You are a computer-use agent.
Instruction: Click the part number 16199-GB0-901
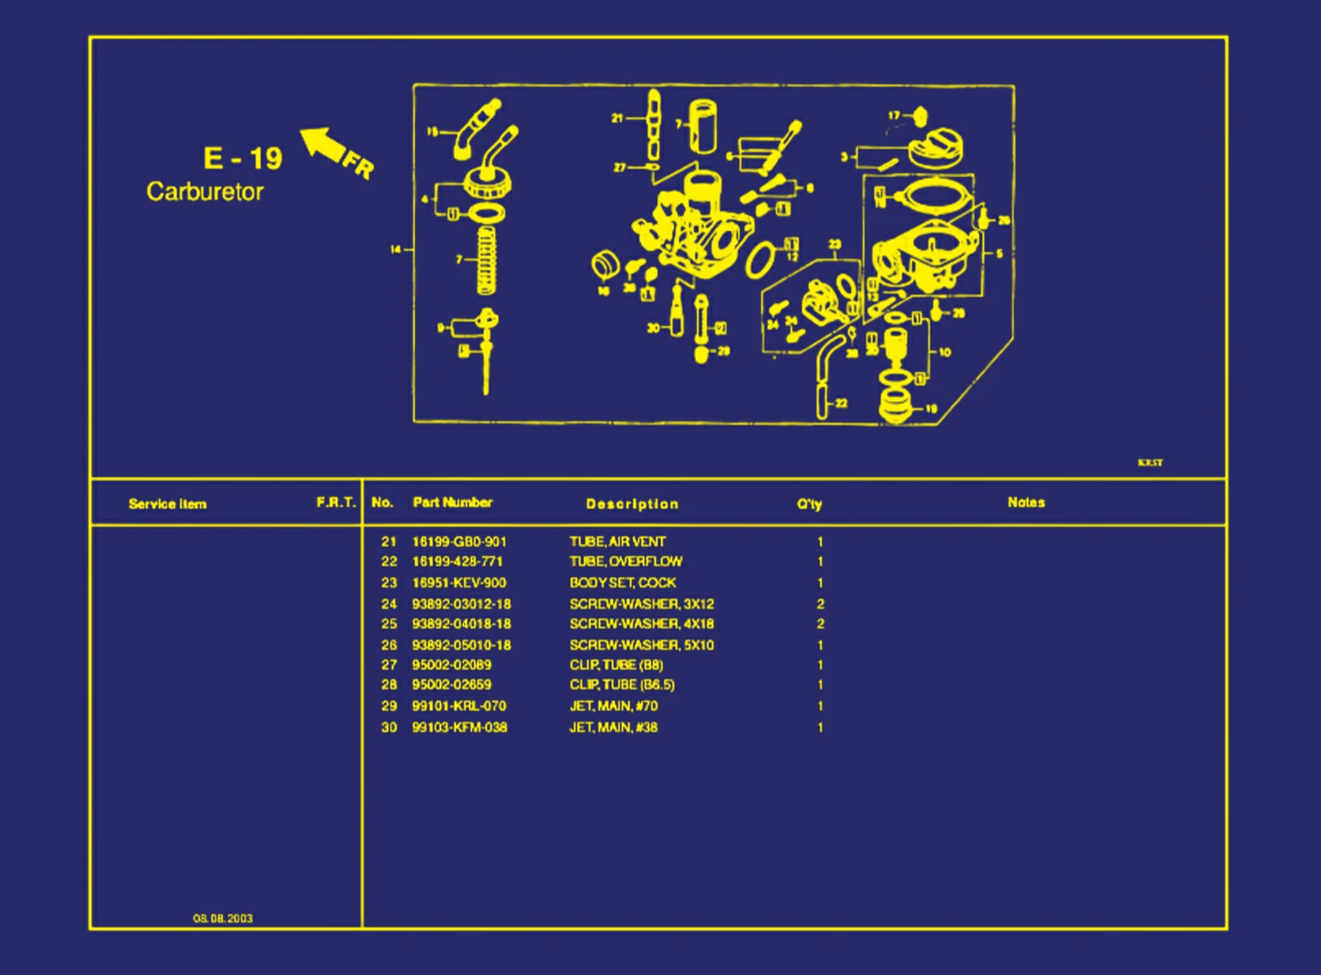(x=459, y=542)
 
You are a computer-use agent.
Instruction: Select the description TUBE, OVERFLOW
(x=625, y=561)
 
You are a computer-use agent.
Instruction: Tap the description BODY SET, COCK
(x=622, y=583)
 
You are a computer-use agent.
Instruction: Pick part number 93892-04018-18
(x=461, y=624)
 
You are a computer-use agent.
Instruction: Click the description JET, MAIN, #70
(x=613, y=706)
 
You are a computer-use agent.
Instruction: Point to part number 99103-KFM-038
(x=459, y=728)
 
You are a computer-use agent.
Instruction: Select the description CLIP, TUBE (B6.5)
(x=622, y=684)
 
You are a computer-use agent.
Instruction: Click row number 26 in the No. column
(x=389, y=645)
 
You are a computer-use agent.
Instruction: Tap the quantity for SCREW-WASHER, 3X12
(x=820, y=604)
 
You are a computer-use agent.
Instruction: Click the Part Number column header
(x=452, y=503)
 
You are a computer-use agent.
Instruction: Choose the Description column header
(x=632, y=504)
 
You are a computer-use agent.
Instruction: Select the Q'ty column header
(x=809, y=504)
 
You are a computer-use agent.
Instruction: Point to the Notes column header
(x=1026, y=503)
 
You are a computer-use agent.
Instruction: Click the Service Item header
(x=168, y=504)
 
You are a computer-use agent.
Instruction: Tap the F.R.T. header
(x=336, y=503)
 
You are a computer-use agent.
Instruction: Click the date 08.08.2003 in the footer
(x=223, y=918)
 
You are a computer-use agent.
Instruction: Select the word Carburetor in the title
(x=205, y=191)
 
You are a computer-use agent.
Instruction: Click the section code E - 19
(x=243, y=158)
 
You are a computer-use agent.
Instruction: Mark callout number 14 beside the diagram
(x=396, y=250)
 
